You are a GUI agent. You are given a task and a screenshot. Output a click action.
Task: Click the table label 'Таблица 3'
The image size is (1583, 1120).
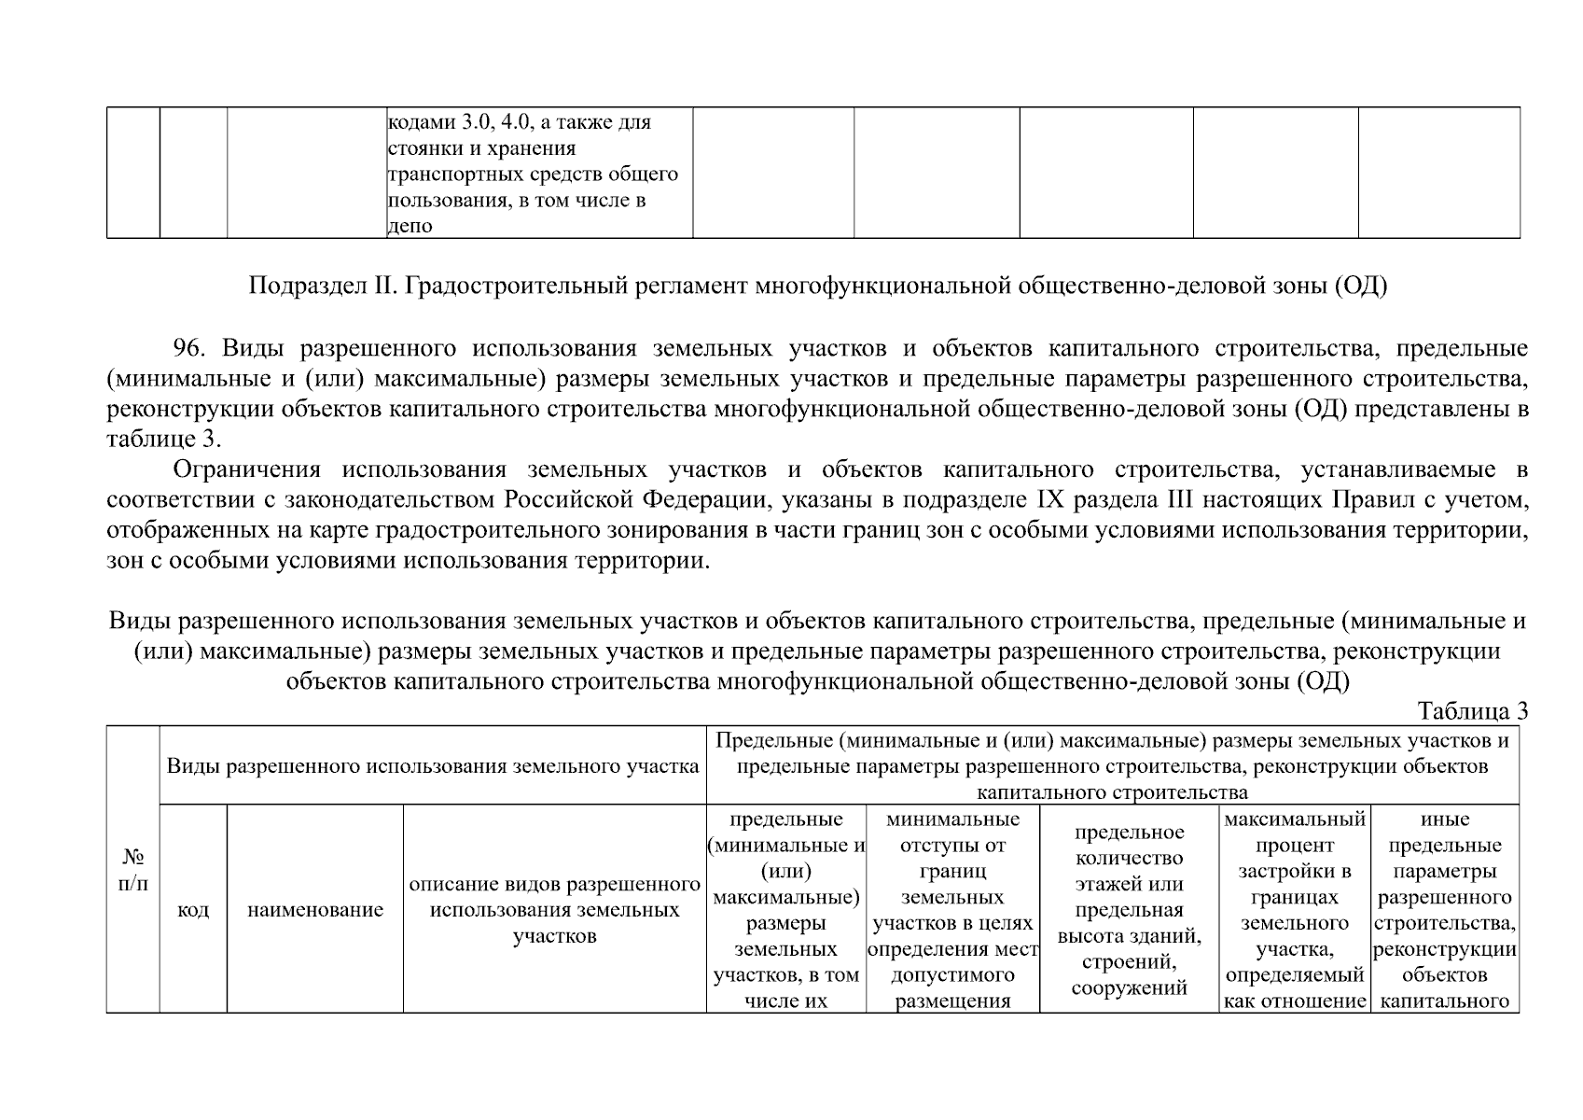pyautogui.click(x=1472, y=711)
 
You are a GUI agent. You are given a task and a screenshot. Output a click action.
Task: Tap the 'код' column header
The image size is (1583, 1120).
pyautogui.click(x=193, y=910)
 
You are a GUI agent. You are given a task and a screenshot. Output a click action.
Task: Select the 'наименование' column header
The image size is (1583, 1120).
pyautogui.click(x=315, y=910)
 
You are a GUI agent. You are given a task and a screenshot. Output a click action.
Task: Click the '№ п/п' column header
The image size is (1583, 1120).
pyautogui.click(x=133, y=869)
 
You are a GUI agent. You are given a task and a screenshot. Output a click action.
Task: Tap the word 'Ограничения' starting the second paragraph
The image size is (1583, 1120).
pyautogui.click(x=247, y=469)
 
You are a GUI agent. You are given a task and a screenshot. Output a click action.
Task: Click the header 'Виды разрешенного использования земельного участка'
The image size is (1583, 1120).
pyautogui.click(x=433, y=767)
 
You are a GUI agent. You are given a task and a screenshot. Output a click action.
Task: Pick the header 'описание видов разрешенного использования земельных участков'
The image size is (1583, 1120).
pyautogui.click(x=555, y=910)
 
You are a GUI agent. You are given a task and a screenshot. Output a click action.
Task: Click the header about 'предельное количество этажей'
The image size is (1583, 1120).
pyautogui.click(x=1129, y=910)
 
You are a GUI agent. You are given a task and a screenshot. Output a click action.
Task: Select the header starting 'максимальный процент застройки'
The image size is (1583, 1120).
pyautogui.click(x=1295, y=910)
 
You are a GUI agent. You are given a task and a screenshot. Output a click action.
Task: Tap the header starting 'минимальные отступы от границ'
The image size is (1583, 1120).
pyautogui.click(x=952, y=910)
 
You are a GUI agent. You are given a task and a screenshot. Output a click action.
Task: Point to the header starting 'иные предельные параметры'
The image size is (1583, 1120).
pyautogui.click(x=1445, y=910)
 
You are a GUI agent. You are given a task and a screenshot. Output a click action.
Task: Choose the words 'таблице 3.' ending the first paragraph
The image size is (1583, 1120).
pyautogui.click(x=164, y=439)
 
